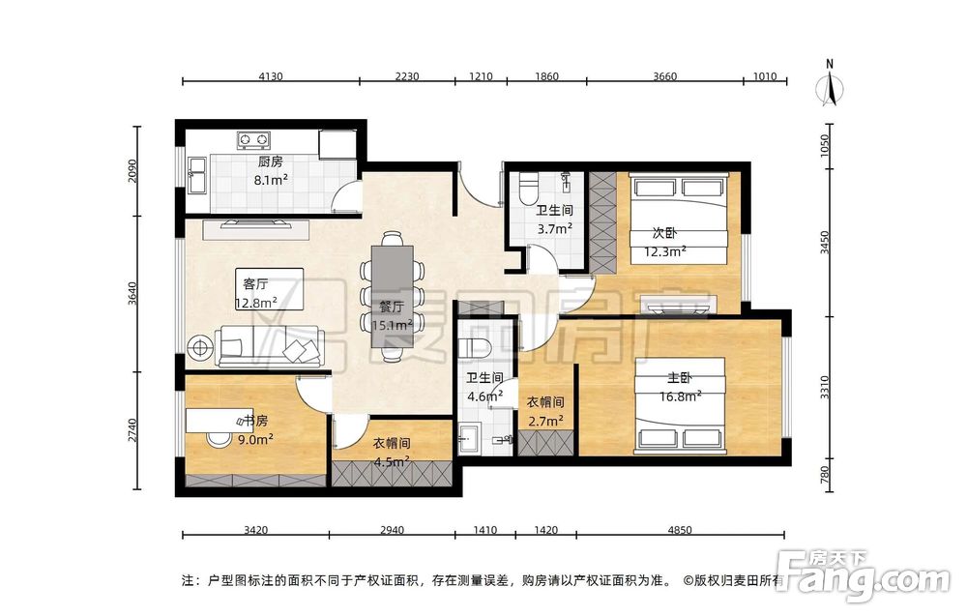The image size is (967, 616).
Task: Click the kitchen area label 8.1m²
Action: tap(271, 180)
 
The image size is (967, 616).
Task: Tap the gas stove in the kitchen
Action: tap(253, 140)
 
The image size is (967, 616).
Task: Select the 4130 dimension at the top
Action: tap(271, 76)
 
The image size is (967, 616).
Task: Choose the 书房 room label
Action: tap(255, 422)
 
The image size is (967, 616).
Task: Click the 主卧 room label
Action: tap(679, 378)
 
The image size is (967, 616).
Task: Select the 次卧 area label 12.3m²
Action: tap(666, 251)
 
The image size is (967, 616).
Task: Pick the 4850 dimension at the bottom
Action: tap(680, 530)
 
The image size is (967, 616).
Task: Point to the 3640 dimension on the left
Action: tap(132, 294)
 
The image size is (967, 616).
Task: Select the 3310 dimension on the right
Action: tap(825, 387)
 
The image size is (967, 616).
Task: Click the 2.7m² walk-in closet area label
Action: tap(545, 422)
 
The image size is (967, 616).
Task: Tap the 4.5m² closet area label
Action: tap(392, 461)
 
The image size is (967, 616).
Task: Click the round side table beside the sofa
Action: tap(201, 348)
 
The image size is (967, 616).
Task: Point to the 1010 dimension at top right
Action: tap(765, 76)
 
